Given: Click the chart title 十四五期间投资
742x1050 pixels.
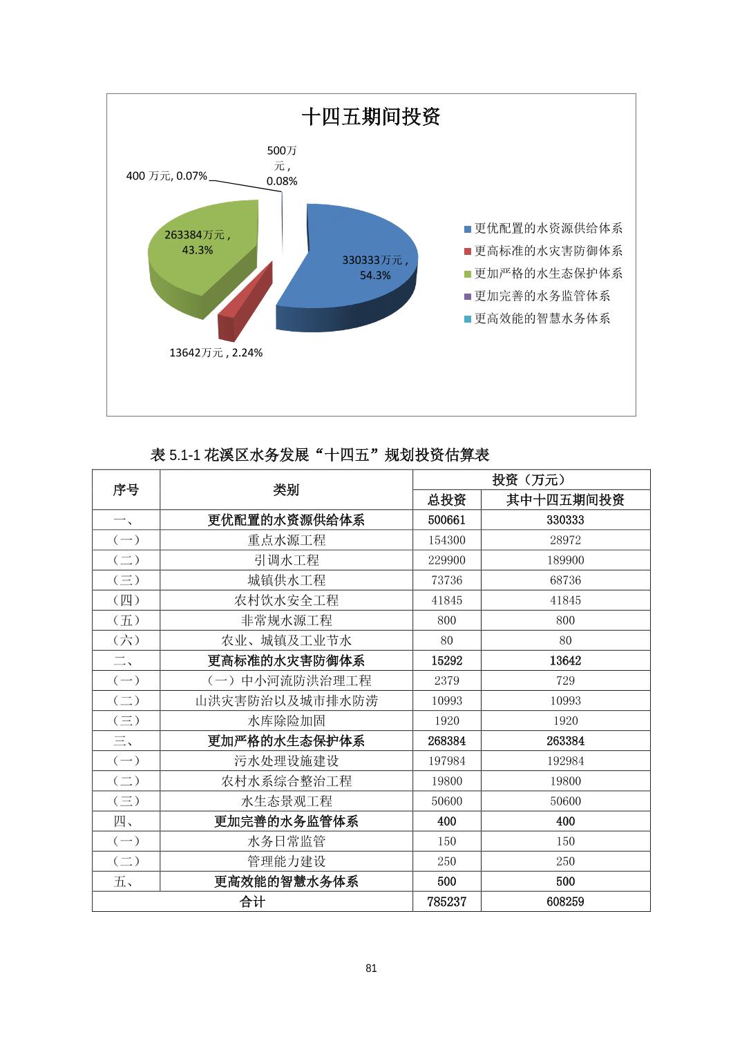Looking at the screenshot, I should pyautogui.click(x=371, y=117).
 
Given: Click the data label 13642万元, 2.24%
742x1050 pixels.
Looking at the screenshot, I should pyautogui.click(x=216, y=352).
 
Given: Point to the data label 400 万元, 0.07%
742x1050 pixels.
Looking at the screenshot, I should pyautogui.click(x=167, y=176).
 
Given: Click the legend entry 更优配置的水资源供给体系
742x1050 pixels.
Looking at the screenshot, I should pyautogui.click(x=548, y=229).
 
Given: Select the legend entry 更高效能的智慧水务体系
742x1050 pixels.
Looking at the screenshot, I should pyautogui.click(x=542, y=318).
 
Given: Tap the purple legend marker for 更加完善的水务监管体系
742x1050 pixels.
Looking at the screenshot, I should pyautogui.click(x=468, y=296).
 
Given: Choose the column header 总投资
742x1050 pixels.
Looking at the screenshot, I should pyautogui.click(x=446, y=500).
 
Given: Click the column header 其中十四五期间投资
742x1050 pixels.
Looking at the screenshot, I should pyautogui.click(x=565, y=500).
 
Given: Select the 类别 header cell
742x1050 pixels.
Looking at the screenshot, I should pyautogui.click(x=286, y=490).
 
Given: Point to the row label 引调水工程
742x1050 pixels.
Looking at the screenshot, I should pyautogui.click(x=286, y=560).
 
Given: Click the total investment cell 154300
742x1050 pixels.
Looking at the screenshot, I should pyautogui.click(x=446, y=540).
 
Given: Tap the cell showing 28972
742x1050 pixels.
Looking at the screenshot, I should pyautogui.click(x=565, y=540).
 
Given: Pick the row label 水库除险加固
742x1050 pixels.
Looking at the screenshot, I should pyautogui.click(x=286, y=720).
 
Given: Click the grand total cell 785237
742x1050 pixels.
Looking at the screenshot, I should pyautogui.click(x=446, y=901).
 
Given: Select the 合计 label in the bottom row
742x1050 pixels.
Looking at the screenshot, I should pyautogui.click(x=252, y=901).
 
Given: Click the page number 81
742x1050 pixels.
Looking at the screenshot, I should pyautogui.click(x=371, y=968).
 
